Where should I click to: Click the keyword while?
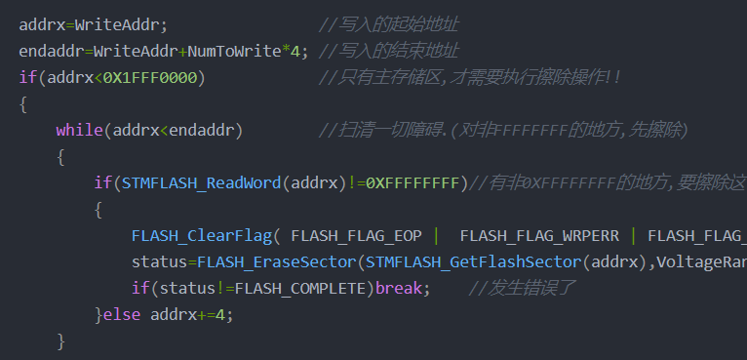coord(80,130)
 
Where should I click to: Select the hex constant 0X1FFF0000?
coord(150,78)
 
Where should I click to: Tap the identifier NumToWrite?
coord(234,52)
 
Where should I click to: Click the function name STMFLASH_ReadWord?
coord(202,183)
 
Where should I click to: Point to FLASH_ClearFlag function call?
coord(203,235)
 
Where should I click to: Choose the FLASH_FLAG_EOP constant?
coord(356,235)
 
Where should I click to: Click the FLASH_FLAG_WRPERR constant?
coord(539,235)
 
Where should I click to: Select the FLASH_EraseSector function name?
coord(277,262)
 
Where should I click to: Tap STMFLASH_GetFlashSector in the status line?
coord(474,262)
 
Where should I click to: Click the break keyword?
coord(399,289)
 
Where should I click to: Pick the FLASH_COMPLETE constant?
coord(305,289)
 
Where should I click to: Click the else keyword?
coord(122,315)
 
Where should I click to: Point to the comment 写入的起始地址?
coord(398,24)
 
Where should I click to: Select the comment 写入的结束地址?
coord(398,52)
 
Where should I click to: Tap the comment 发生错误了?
coord(531,289)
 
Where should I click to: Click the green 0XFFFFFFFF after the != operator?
coord(413,183)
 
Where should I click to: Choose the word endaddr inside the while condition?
coord(202,130)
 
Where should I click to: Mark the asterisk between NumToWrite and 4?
coord(287,50)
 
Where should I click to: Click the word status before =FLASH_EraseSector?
coord(160,262)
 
